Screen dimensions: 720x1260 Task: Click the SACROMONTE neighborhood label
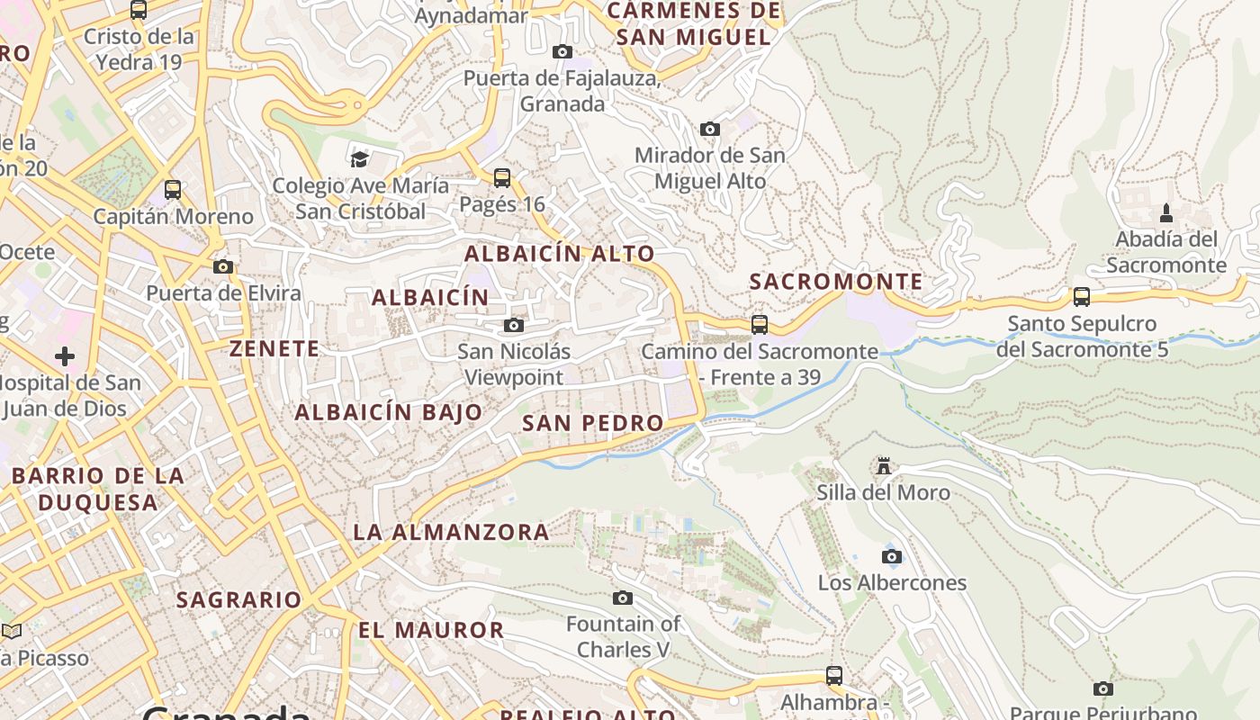click(836, 282)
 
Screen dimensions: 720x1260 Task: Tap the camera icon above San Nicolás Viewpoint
click(514, 325)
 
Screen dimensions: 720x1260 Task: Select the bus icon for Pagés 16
click(502, 178)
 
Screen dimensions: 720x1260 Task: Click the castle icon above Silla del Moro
click(884, 466)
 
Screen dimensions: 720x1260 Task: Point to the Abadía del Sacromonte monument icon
click(1166, 213)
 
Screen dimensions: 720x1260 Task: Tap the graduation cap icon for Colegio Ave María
click(359, 159)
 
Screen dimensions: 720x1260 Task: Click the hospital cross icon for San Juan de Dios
click(65, 356)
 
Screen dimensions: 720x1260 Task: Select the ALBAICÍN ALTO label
click(559, 254)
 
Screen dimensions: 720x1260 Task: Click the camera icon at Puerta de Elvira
click(223, 266)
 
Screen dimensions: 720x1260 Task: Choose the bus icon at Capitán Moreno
click(173, 190)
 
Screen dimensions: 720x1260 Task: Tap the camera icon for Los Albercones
click(892, 556)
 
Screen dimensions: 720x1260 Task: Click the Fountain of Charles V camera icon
click(622, 598)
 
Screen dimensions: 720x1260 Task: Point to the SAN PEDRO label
click(592, 423)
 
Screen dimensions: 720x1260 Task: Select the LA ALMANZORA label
click(451, 532)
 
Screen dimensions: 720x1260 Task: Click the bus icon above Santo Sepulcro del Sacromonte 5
click(1082, 296)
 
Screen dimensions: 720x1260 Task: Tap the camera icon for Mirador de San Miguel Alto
click(710, 129)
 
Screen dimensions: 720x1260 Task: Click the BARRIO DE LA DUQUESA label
click(98, 489)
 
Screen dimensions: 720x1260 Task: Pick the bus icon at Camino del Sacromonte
click(760, 324)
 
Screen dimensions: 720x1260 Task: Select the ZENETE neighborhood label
click(274, 349)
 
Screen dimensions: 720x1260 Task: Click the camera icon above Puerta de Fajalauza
click(562, 51)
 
